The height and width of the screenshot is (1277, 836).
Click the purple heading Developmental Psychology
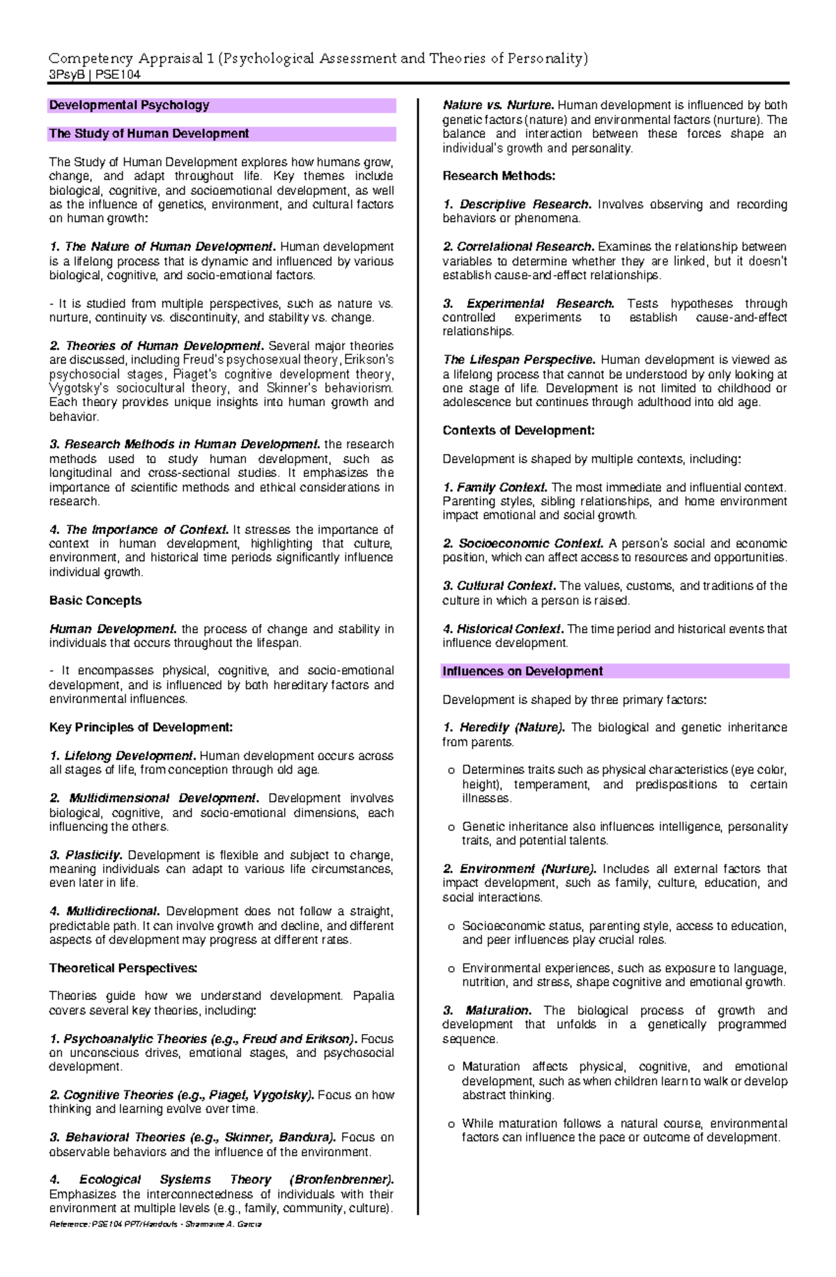coord(129,105)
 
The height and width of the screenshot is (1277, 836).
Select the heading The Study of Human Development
coord(148,134)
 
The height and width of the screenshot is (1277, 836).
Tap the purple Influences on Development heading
coord(522,671)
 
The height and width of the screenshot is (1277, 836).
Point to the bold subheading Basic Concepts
coord(95,600)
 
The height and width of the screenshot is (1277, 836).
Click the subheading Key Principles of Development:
coord(141,727)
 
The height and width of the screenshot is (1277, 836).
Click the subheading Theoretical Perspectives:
coord(123,968)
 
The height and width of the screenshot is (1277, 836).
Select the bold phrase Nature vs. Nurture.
coord(498,105)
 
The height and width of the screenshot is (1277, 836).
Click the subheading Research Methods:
coord(499,176)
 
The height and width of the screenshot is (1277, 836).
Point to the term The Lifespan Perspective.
coord(519,360)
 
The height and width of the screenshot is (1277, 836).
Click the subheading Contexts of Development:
coord(518,430)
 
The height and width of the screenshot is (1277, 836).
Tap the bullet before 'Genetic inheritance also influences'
coord(451,827)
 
